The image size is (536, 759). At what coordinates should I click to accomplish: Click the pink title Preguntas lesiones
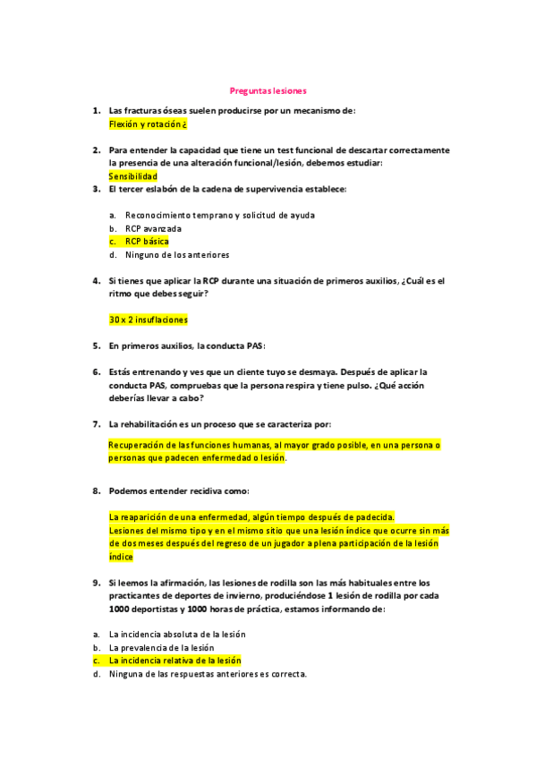tap(268, 91)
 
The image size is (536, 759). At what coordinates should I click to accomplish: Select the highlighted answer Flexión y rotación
tap(147, 124)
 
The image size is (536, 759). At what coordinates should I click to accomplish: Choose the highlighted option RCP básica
tap(147, 242)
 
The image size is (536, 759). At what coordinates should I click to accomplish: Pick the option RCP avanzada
tap(153, 228)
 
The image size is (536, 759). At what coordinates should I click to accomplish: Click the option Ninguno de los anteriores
tap(177, 255)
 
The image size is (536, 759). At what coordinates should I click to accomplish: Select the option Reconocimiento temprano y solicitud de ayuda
tap(219, 215)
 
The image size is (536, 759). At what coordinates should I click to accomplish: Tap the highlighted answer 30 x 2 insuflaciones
tap(149, 320)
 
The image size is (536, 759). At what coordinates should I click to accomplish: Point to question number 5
tap(96, 345)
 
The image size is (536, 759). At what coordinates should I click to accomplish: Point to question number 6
tap(96, 371)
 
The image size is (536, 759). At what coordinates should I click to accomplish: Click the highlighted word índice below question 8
tap(121, 557)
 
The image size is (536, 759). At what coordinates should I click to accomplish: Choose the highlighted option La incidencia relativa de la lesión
tap(174, 661)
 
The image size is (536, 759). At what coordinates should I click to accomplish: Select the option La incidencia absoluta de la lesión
tap(176, 634)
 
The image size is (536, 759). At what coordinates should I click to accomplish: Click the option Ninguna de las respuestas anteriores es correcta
tap(208, 674)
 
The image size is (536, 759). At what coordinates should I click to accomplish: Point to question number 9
tap(96, 582)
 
